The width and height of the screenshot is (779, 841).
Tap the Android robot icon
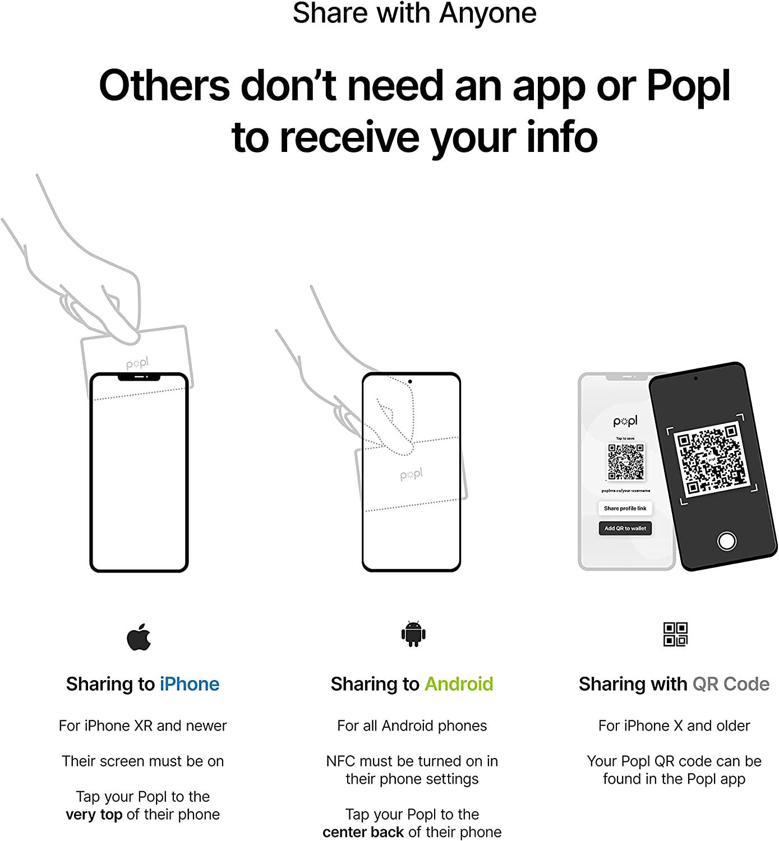tap(413, 634)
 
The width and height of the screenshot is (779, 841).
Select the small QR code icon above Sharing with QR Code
tap(675, 634)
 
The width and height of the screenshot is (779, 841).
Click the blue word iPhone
tap(190, 684)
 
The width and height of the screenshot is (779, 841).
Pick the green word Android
tap(459, 684)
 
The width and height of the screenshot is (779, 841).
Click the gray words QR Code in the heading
tap(731, 684)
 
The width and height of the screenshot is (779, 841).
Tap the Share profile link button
tap(625, 509)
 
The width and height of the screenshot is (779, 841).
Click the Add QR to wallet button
tap(625, 528)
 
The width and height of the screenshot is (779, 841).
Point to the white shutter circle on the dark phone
tap(727, 542)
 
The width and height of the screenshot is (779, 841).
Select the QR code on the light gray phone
tap(626, 462)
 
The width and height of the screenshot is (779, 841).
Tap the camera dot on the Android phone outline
tap(410, 382)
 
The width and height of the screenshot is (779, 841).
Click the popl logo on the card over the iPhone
tap(137, 364)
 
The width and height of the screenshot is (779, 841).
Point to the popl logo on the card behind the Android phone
tap(412, 475)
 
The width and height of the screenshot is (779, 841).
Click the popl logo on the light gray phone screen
tap(625, 422)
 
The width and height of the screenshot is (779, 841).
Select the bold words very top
tap(94, 815)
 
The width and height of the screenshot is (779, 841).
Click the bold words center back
tap(363, 832)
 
